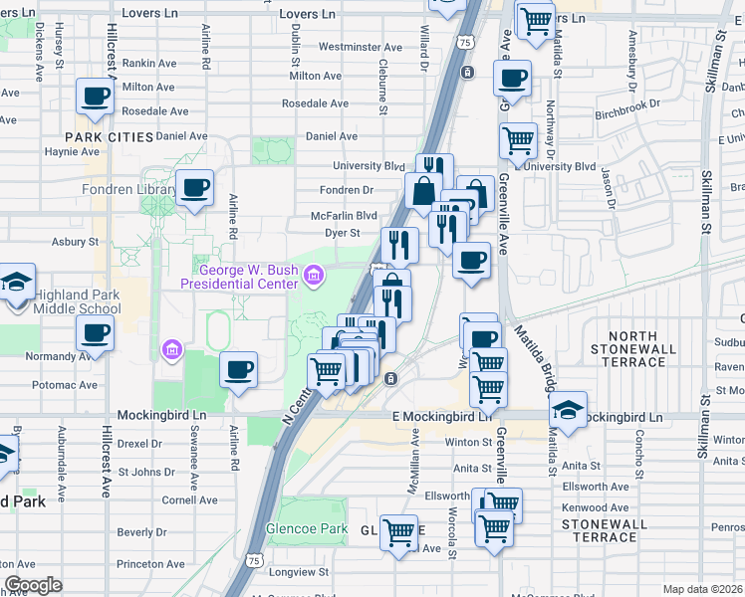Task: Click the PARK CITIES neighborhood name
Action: point(110,136)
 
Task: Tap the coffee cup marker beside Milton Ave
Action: point(97,98)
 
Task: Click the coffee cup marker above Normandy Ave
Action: point(97,335)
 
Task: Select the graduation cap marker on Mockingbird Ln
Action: point(568,411)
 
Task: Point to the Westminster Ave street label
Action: point(359,47)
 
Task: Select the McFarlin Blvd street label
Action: point(344,214)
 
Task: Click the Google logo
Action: point(34,585)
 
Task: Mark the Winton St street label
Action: point(462,443)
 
